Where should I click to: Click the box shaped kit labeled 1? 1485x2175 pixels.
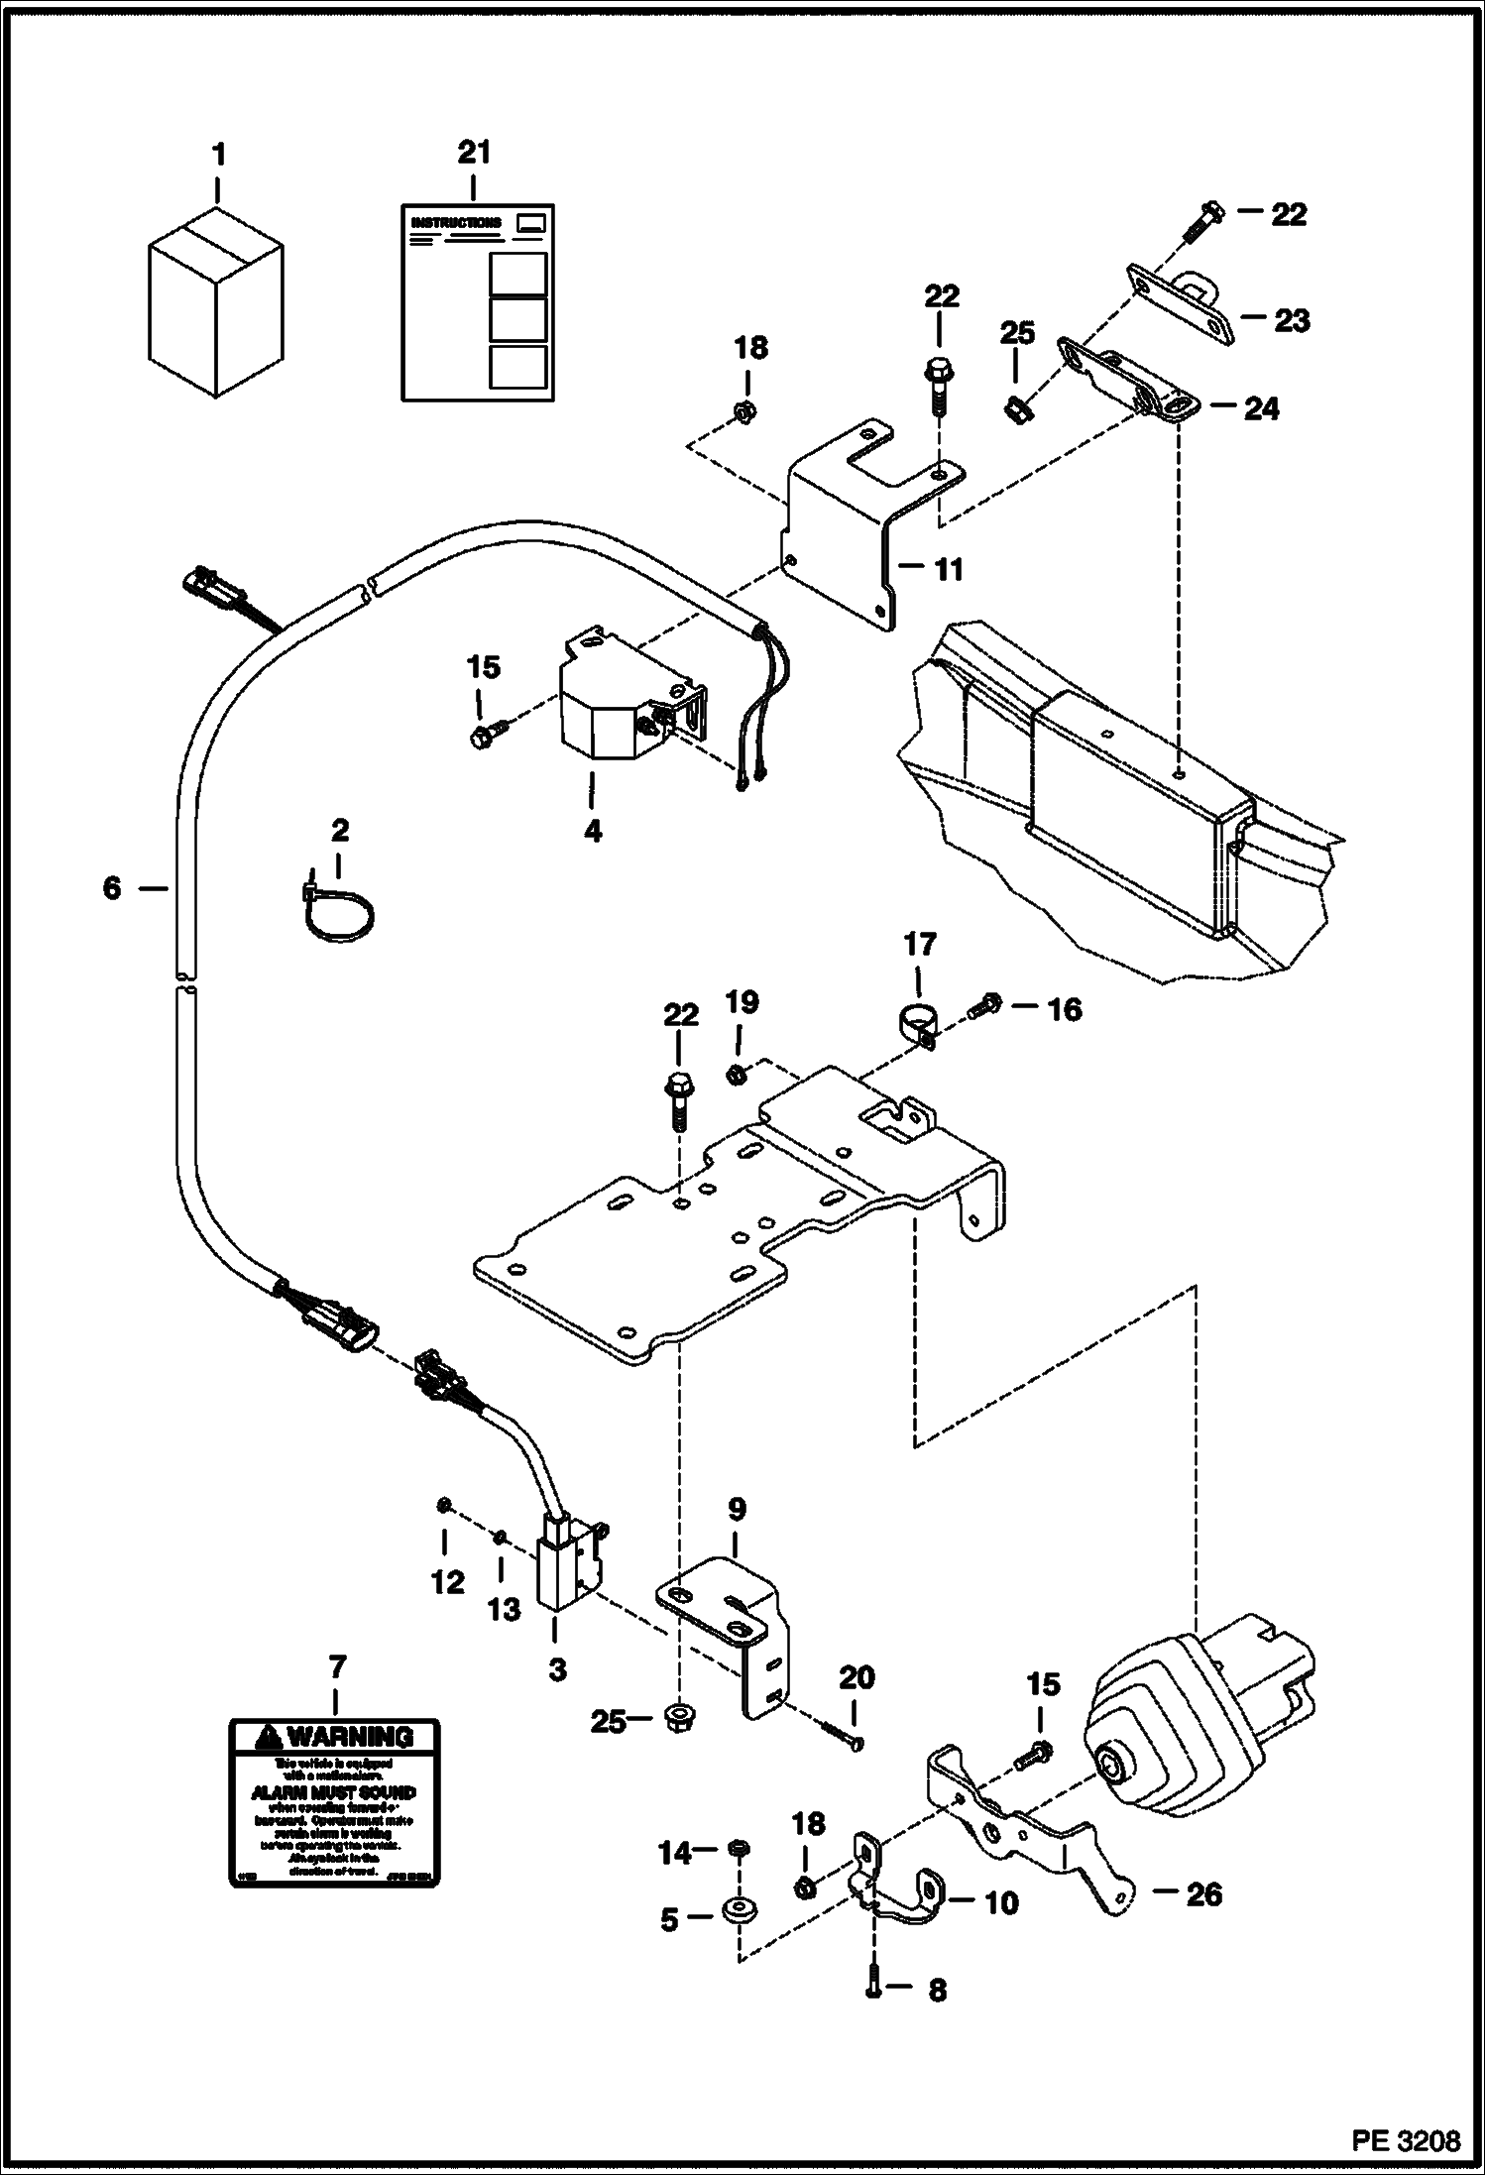[216, 302]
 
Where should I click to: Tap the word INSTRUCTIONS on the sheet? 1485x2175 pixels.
[455, 223]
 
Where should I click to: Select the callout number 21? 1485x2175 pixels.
[473, 153]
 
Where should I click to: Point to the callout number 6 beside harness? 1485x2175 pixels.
[112, 887]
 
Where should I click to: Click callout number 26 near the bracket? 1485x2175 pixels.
[1203, 1894]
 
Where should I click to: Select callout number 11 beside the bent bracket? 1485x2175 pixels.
[949, 569]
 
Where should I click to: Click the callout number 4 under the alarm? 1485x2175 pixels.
[592, 830]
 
